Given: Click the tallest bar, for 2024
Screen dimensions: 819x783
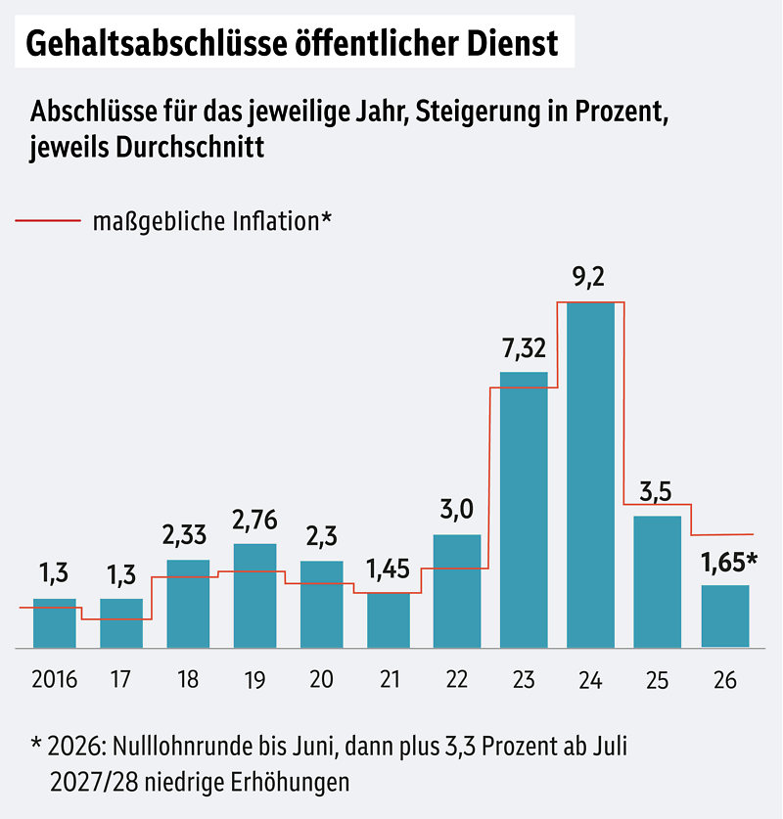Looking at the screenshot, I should click(590, 475).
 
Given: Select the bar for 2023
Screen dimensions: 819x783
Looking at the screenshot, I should click(524, 509).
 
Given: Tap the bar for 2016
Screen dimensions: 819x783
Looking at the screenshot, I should click(55, 622).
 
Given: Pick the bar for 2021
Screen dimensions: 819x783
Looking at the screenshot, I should click(389, 619).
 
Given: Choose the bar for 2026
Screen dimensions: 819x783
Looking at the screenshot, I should click(725, 615).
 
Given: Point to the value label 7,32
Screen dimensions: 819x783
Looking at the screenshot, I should click(523, 348).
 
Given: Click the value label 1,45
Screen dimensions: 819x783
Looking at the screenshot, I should click(389, 569).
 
